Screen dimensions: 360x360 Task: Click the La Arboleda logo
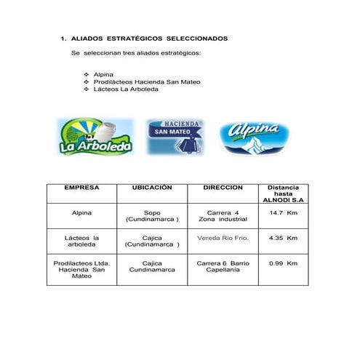[x=95, y=137]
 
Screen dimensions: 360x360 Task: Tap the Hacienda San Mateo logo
[x=175, y=136]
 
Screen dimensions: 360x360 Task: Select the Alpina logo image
[x=255, y=137]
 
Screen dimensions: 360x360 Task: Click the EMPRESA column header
[x=81, y=188]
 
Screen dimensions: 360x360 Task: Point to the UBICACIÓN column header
[x=151, y=188]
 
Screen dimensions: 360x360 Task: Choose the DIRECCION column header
[x=223, y=188]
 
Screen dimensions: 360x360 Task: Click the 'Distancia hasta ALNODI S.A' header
[x=283, y=193]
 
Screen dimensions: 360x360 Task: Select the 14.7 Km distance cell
[x=283, y=213]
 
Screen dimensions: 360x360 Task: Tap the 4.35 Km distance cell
[x=283, y=238]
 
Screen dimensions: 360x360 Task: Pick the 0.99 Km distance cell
[x=283, y=263]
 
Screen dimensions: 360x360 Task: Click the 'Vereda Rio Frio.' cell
[x=223, y=238]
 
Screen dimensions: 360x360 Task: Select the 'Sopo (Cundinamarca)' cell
[x=152, y=216]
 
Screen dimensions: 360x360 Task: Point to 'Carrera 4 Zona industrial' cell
[x=223, y=216]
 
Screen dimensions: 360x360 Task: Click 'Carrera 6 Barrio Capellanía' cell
[x=223, y=266]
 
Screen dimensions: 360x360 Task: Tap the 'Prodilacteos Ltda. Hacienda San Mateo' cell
[x=81, y=269]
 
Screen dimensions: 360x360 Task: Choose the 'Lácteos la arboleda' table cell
[x=81, y=241]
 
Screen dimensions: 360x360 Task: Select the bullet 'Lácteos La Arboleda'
[x=131, y=89]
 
